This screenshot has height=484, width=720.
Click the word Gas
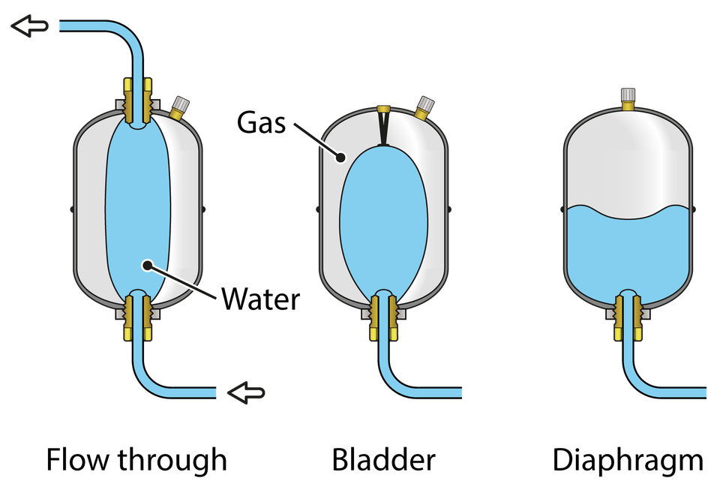[x=261, y=122]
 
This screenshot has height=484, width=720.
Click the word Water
[x=260, y=299]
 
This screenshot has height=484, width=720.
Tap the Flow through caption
[x=136, y=460]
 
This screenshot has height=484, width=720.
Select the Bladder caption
[x=383, y=459]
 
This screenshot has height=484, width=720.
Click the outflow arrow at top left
[x=30, y=26]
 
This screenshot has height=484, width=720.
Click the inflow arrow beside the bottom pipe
[x=247, y=392]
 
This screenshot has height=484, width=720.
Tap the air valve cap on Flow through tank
[x=181, y=104]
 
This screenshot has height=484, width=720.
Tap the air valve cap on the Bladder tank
[x=426, y=104]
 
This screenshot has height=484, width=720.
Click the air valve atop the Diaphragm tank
[x=628, y=99]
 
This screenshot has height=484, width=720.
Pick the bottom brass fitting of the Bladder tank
[x=383, y=317]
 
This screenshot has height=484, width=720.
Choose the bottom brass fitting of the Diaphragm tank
[x=628, y=317]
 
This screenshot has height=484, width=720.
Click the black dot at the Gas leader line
[x=340, y=158]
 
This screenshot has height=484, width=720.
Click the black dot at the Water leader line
[x=148, y=266]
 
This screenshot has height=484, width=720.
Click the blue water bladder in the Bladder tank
[x=384, y=221]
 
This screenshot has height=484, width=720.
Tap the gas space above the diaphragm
[x=628, y=161]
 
